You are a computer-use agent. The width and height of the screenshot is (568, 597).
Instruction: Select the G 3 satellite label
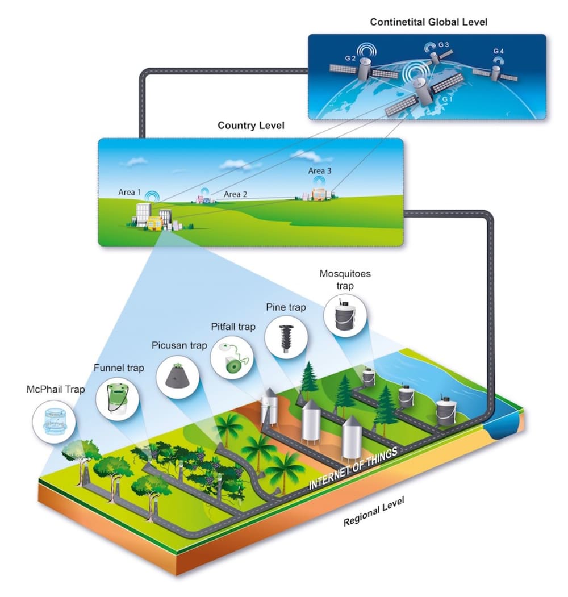point(444,45)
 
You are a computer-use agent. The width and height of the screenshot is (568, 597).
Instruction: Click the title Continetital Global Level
point(428,23)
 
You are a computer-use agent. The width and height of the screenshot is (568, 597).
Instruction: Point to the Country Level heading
point(251,125)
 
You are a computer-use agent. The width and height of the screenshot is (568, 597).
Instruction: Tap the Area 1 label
point(130,193)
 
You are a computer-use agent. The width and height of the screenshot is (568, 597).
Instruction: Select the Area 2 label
point(236,194)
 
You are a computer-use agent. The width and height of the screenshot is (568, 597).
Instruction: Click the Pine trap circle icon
point(286,337)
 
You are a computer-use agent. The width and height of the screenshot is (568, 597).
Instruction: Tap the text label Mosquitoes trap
point(345,279)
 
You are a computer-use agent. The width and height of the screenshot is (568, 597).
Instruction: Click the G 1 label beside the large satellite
point(448,99)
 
